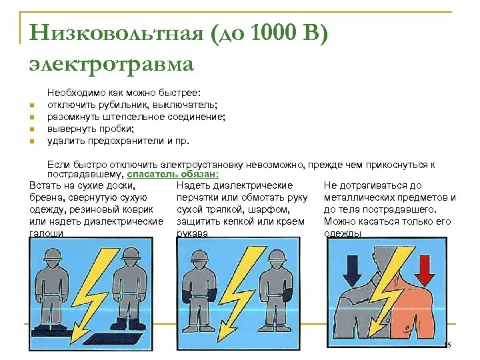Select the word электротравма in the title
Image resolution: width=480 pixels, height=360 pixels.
111,64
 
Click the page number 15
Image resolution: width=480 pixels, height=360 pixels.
447,344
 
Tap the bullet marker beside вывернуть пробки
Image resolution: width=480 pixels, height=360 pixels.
31,129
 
